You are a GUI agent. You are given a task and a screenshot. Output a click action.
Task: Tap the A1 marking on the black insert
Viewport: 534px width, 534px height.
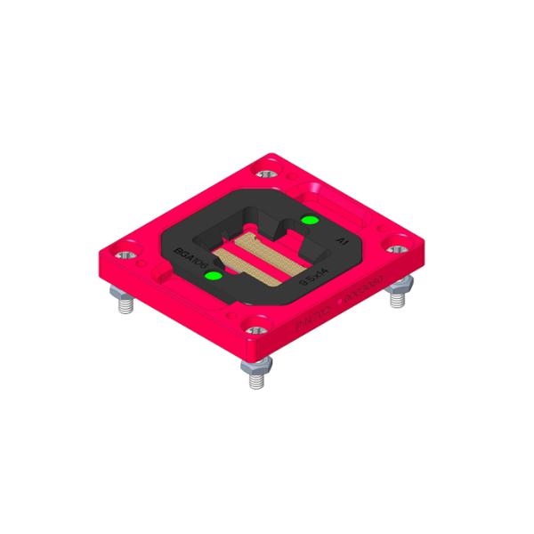pos(341,241)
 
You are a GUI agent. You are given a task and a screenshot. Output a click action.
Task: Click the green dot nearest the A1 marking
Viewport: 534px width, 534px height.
pos(309,220)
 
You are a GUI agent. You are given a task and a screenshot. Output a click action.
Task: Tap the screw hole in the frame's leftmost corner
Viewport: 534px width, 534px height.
pos(124,254)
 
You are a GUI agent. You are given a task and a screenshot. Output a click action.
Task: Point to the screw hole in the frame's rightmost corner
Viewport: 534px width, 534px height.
pos(393,239)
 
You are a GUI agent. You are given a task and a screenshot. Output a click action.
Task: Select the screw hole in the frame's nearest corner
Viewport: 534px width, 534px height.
pos(256,330)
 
